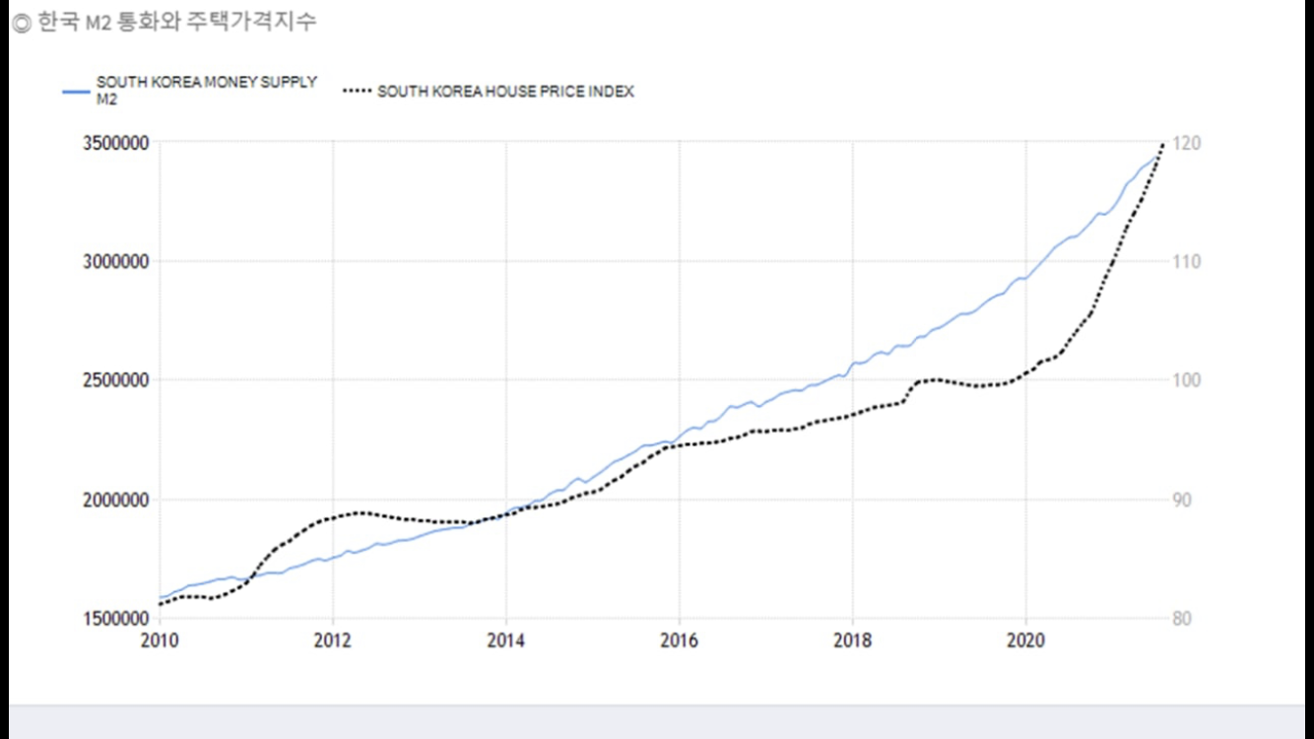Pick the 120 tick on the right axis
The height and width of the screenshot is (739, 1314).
1187,143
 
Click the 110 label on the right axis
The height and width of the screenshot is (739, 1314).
1187,262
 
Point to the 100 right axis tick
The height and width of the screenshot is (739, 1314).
1187,380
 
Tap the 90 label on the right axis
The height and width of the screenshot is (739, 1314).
1183,500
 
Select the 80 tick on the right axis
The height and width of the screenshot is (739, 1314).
1183,619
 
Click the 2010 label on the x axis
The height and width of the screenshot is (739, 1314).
160,641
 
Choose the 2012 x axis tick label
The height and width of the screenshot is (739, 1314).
333,641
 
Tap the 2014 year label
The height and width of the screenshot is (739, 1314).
506,641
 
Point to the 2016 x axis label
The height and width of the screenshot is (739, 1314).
679,641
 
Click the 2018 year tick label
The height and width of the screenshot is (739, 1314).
853,641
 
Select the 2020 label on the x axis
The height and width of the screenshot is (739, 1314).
1026,641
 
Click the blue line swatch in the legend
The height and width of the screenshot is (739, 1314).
76,92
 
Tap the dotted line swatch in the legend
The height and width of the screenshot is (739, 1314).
357,92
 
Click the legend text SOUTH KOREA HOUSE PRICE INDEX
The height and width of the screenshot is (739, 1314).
505,92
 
